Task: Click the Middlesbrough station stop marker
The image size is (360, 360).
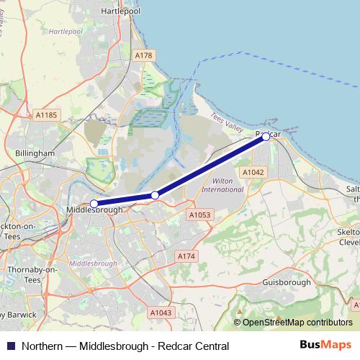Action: (x=94, y=204)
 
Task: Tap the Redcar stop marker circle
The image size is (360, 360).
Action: (x=266, y=136)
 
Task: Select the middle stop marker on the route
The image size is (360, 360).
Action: (x=155, y=195)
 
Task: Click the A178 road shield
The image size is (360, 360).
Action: (x=144, y=55)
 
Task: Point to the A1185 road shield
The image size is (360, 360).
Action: (x=47, y=114)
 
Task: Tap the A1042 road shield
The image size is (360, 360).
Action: (x=253, y=173)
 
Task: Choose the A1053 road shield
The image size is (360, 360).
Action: (x=200, y=215)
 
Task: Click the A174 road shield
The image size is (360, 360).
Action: (x=186, y=256)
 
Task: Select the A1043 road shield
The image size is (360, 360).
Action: (x=161, y=312)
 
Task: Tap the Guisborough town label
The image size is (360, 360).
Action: (x=287, y=282)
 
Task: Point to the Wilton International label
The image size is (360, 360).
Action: (x=222, y=184)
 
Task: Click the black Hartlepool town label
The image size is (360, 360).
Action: (x=120, y=12)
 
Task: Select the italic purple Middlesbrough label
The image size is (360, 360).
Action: (x=94, y=264)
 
